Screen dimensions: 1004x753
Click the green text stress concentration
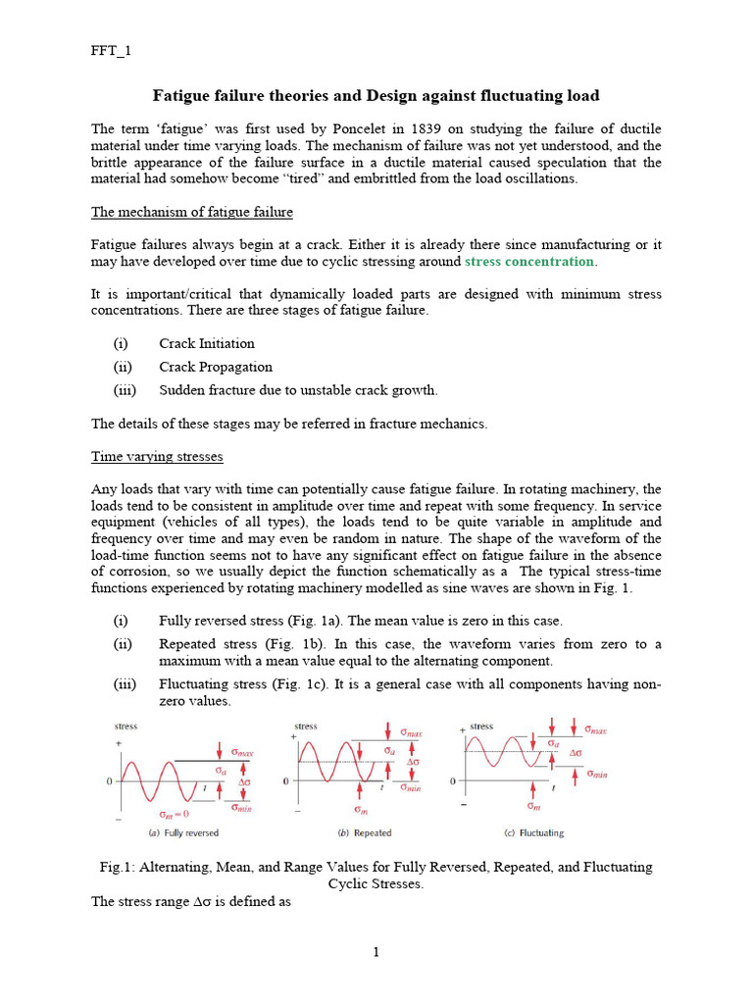pos(529,262)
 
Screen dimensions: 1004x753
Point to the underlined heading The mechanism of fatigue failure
pos(192,212)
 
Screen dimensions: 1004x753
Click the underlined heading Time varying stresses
pos(157,457)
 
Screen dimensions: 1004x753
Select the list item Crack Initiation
pos(207,343)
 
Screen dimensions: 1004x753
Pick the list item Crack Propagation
pos(216,367)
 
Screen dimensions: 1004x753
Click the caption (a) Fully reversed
pos(183,833)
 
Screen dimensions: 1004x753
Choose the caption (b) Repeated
pos(364,833)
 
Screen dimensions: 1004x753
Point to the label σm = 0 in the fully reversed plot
pos(174,814)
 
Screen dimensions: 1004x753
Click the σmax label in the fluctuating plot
pos(595,729)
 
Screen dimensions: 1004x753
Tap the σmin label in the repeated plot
pos(410,787)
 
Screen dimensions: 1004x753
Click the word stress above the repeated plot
pos(306,727)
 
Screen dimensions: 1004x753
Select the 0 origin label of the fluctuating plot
pos(452,781)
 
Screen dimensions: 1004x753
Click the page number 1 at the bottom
pos(376,952)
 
